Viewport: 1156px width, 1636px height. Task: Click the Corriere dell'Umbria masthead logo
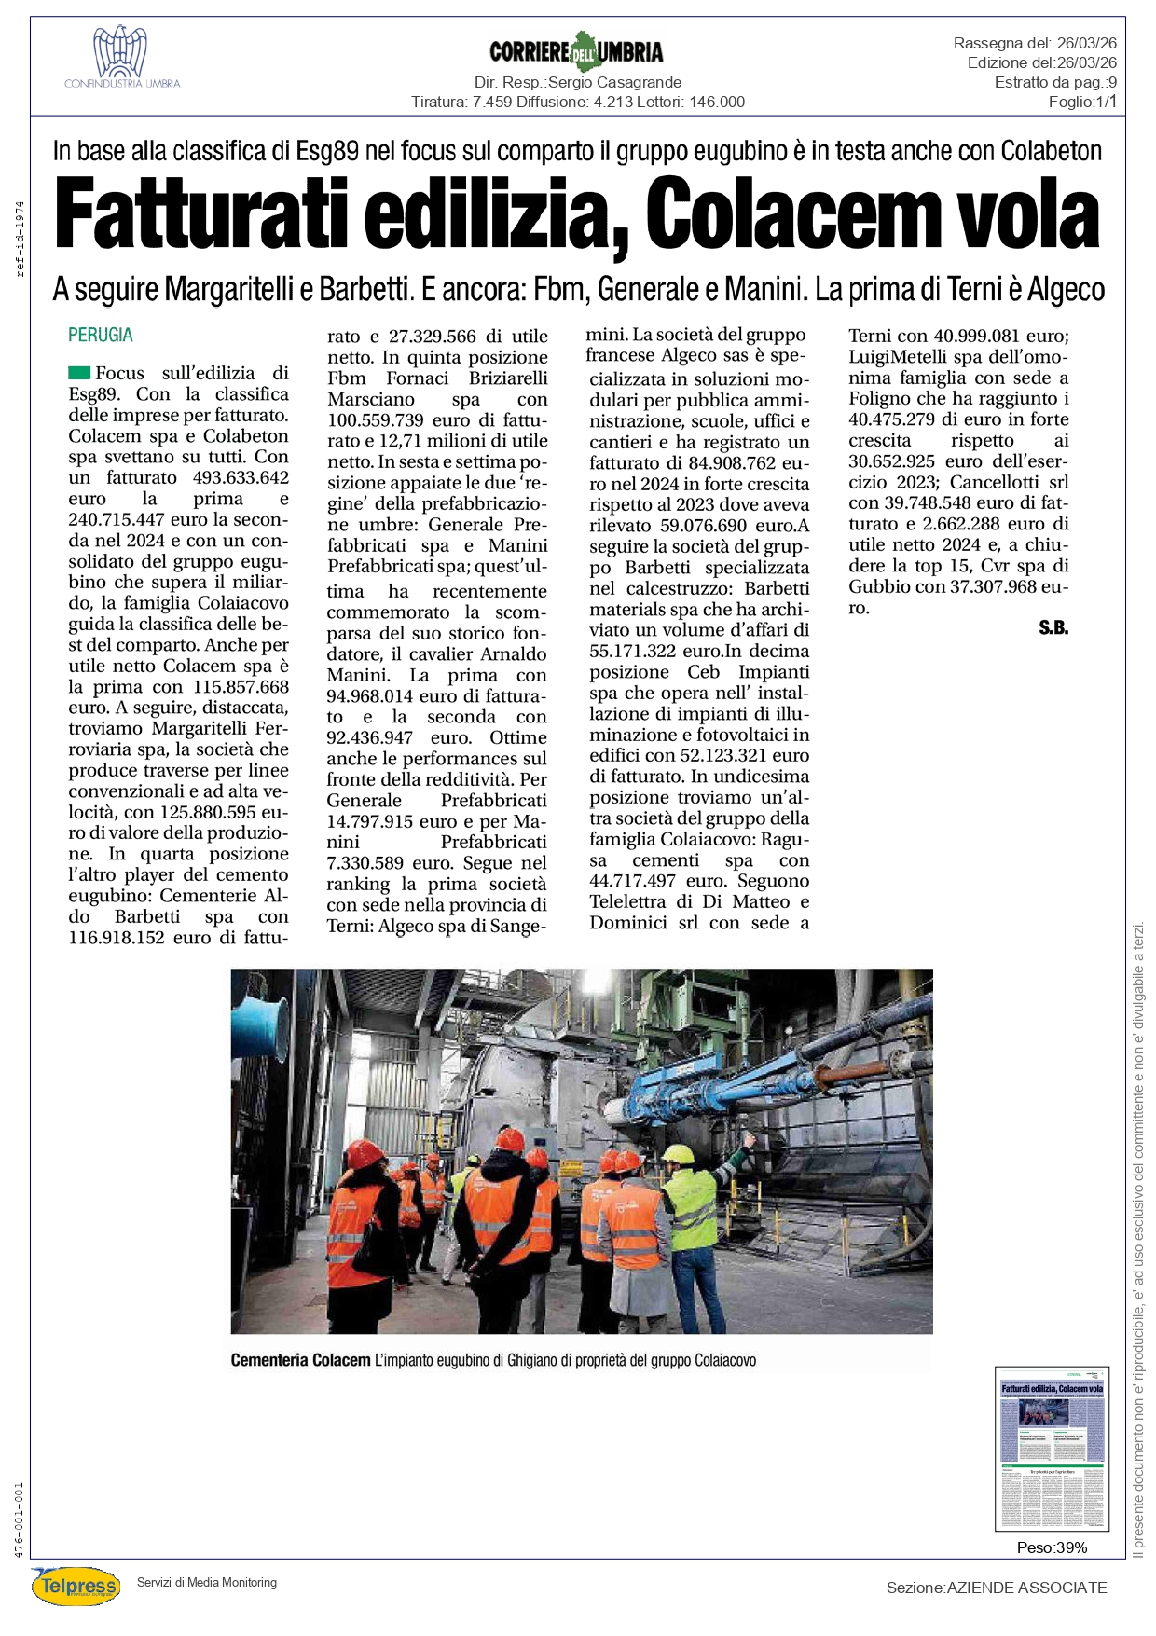[576, 50]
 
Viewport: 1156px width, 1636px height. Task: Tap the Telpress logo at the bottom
[76, 1586]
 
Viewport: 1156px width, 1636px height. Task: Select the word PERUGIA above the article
[101, 335]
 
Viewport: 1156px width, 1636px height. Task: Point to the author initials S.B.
[1053, 628]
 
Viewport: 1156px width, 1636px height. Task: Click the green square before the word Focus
[79, 373]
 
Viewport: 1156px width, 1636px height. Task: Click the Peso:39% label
[1052, 1547]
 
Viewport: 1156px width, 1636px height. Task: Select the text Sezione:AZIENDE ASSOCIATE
[996, 1588]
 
